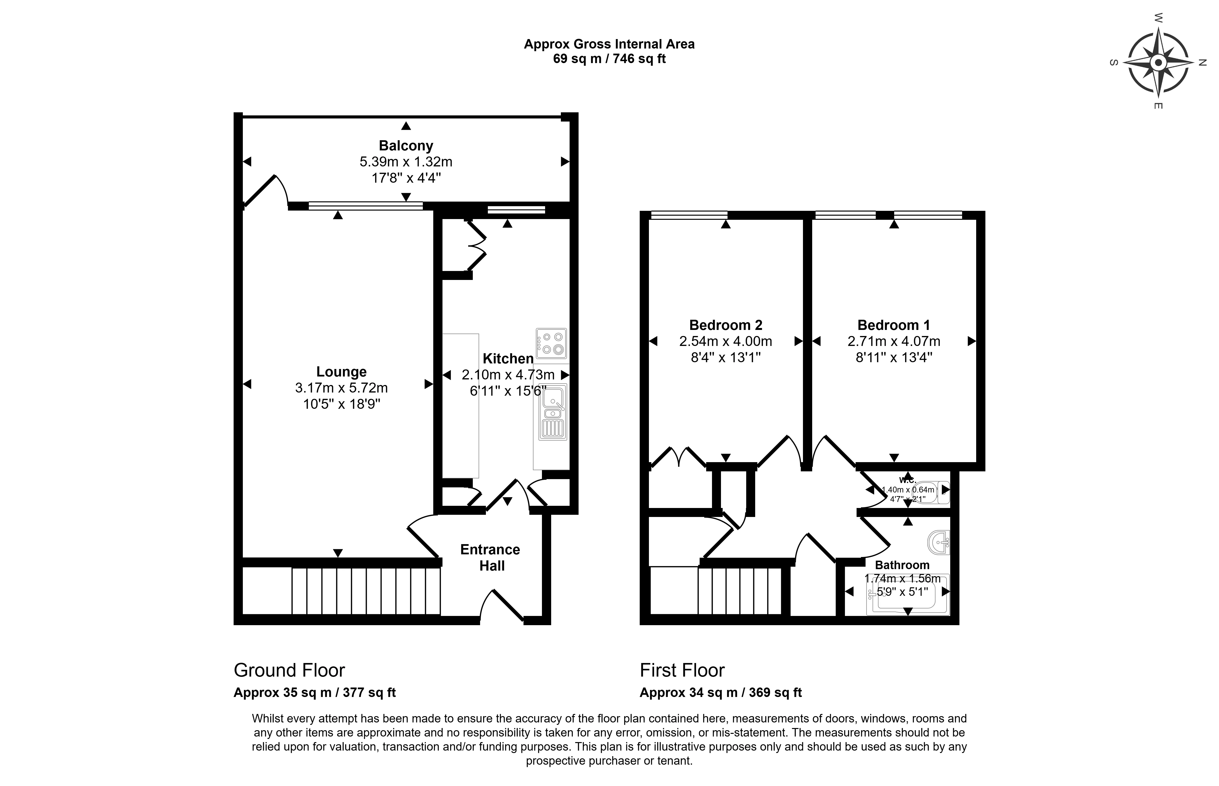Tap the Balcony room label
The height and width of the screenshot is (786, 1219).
coord(406,146)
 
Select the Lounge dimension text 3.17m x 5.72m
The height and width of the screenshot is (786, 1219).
coord(341,388)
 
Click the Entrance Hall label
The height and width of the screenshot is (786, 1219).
coord(490,557)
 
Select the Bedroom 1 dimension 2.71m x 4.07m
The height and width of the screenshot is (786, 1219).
coord(893,342)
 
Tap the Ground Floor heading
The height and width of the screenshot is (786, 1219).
coord(289,670)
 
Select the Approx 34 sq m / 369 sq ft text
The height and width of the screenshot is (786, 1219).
coord(720,693)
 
